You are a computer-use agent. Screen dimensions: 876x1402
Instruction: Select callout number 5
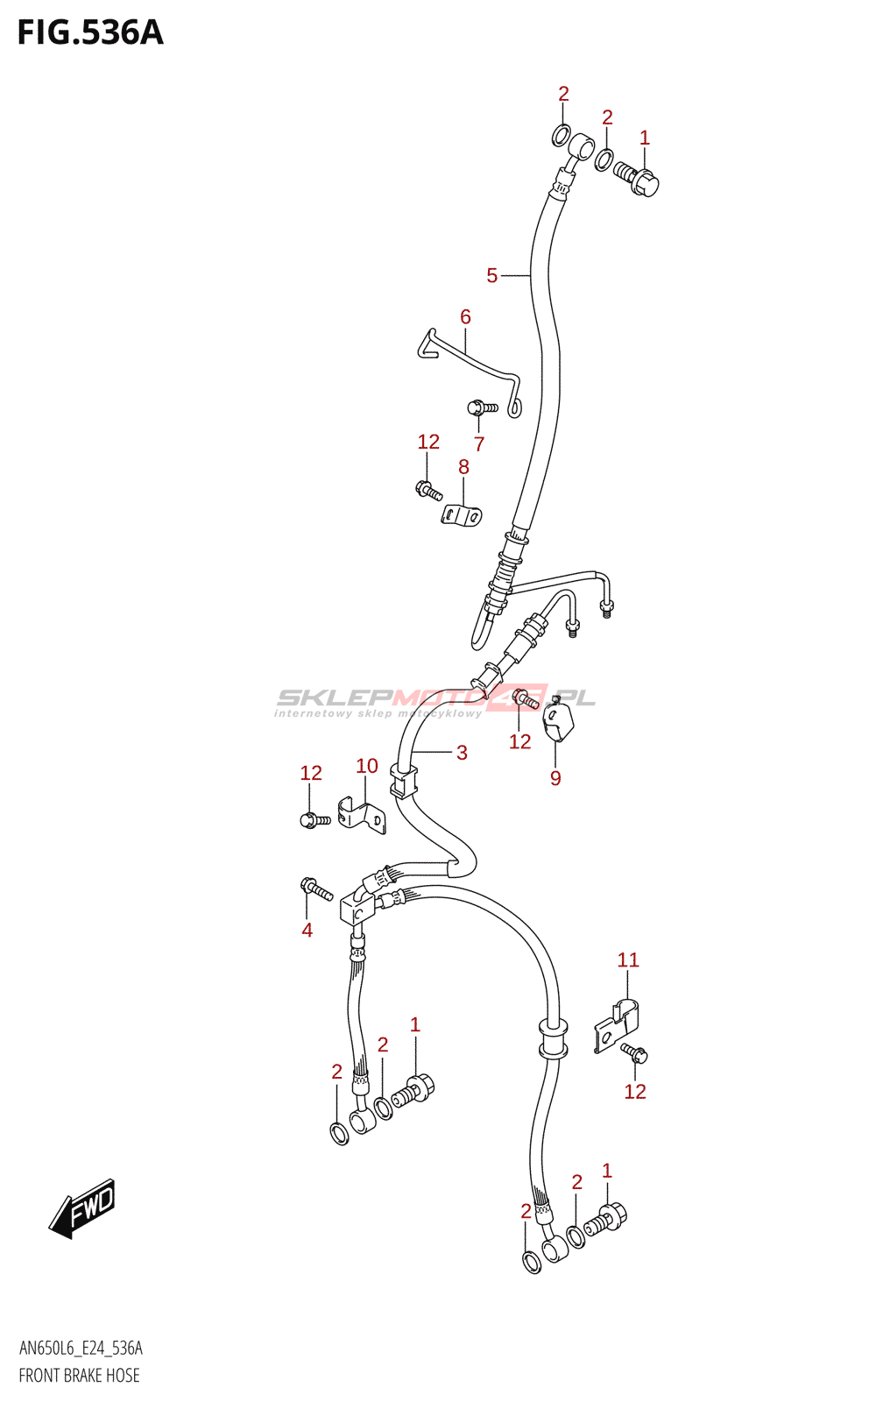(491, 275)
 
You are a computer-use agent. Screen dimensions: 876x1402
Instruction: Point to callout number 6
(465, 316)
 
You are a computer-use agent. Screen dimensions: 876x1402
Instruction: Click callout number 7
(478, 444)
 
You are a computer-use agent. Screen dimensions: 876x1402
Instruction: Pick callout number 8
(463, 467)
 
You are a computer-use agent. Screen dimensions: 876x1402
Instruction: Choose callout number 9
(555, 778)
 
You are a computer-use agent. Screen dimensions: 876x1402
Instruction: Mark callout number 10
(367, 766)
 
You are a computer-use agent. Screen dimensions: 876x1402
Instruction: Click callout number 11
(628, 959)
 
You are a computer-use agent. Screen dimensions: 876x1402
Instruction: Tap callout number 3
(462, 753)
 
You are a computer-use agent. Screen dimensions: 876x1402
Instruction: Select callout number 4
(307, 930)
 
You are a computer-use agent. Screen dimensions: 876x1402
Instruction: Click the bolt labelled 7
(483, 407)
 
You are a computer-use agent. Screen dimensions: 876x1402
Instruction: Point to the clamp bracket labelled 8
(462, 515)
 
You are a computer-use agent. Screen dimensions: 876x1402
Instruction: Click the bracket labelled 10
(363, 815)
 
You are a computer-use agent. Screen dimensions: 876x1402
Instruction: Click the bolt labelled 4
(316, 889)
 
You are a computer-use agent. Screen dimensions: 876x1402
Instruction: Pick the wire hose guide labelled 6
(468, 372)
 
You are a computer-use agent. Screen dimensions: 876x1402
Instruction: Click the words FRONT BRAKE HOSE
(80, 1375)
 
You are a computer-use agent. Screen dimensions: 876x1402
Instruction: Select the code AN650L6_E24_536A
(81, 1348)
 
